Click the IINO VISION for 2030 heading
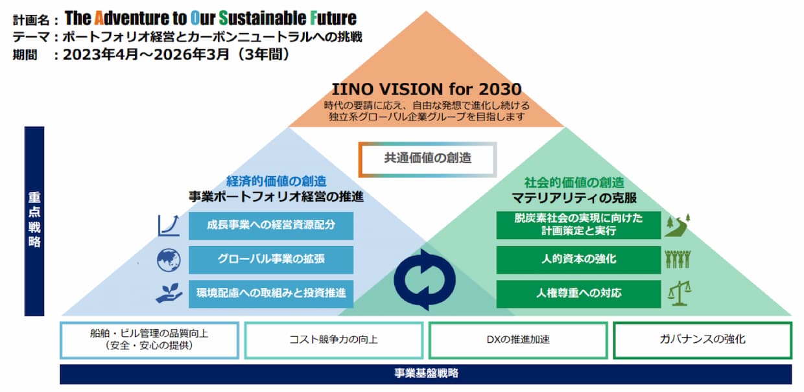(x=427, y=89)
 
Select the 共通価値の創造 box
(x=427, y=159)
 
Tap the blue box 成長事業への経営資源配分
(x=271, y=225)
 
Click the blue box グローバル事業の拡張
(x=271, y=260)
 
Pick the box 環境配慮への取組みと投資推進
(x=271, y=294)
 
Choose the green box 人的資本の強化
(x=578, y=260)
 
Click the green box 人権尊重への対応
(x=578, y=294)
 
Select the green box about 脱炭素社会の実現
(x=578, y=225)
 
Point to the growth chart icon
(x=169, y=225)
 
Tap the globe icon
(x=169, y=260)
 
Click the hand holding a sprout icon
(x=169, y=294)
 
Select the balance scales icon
(x=679, y=294)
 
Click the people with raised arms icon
(x=678, y=259)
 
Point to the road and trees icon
(x=678, y=225)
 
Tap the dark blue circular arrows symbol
(x=425, y=280)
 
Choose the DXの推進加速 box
(x=518, y=340)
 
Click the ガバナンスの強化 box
(x=703, y=340)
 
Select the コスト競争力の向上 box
(x=334, y=340)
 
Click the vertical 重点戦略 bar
(x=34, y=221)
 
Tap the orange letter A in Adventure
(x=99, y=18)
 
